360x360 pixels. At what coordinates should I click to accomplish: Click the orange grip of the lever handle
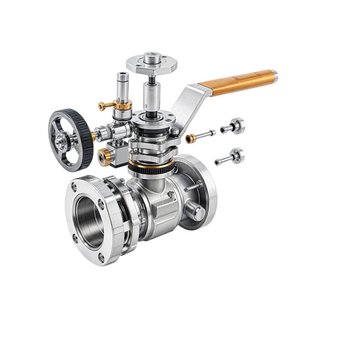click(237, 83)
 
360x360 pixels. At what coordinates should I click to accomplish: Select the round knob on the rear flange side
click(197, 213)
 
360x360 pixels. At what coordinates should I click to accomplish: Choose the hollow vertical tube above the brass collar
click(123, 87)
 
